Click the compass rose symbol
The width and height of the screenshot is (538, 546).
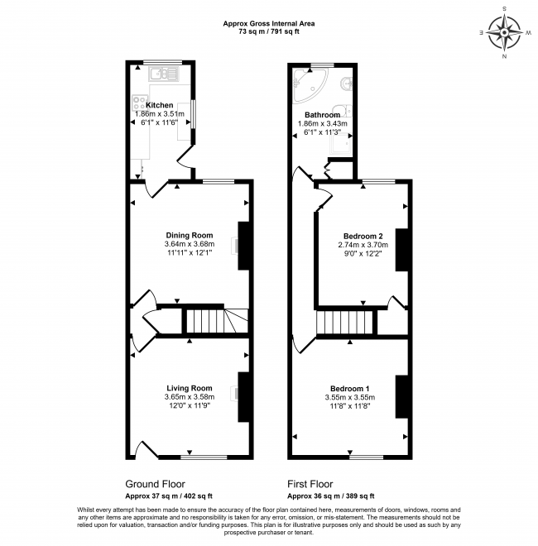(504, 33)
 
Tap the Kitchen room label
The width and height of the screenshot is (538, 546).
(159, 105)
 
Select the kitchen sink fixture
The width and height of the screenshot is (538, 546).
(163, 74)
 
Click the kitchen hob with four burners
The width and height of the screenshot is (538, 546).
(139, 103)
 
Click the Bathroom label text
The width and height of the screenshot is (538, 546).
(322, 114)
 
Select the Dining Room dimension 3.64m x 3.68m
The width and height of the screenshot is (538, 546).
(190, 244)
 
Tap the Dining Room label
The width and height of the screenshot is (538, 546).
(190, 236)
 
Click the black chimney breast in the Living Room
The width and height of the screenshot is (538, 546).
(243, 397)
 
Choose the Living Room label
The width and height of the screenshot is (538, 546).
(190, 388)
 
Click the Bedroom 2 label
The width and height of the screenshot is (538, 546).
(363, 236)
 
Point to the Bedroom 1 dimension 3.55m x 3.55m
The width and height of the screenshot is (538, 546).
(350, 397)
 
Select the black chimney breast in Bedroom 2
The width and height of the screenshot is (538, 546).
(401, 250)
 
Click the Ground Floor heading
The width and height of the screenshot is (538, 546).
(155, 484)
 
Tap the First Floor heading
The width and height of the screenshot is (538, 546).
(310, 484)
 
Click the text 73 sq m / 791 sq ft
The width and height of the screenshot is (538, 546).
(269, 31)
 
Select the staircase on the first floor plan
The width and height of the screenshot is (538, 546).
(347, 323)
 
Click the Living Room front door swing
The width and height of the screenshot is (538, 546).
(147, 448)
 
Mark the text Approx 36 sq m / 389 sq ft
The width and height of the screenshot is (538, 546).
(331, 496)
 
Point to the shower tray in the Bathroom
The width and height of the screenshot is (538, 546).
(341, 143)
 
